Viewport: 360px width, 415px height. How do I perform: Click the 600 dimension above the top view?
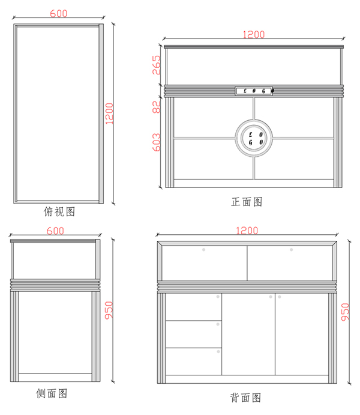[59, 13]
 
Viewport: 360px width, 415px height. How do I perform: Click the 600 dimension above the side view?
[55, 231]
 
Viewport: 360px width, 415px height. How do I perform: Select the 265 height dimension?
[157, 65]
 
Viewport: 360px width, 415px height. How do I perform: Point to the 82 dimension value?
[157, 107]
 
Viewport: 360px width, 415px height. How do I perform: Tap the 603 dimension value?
[157, 142]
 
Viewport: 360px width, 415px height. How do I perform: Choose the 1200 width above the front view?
[253, 35]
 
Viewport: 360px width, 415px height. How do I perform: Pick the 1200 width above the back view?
[247, 231]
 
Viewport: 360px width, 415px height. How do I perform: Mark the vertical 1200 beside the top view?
[109, 114]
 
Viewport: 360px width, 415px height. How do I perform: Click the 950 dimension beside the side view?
[109, 310]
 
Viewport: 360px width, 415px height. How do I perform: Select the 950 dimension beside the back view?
[345, 312]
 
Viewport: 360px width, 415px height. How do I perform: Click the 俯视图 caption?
[59, 212]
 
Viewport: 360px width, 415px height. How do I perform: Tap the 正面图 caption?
[247, 202]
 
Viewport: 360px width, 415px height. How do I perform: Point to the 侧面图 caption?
[52, 393]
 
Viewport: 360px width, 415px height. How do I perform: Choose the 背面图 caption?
[245, 398]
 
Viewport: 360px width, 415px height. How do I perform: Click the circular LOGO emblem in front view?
[254, 138]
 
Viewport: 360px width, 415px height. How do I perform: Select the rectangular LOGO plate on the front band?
[254, 91]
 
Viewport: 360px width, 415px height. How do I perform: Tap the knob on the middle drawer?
[218, 324]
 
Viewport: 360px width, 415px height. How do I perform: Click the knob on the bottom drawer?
[218, 352]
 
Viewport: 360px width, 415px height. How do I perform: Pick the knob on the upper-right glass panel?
[291, 250]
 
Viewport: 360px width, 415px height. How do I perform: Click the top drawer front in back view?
[194, 307]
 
